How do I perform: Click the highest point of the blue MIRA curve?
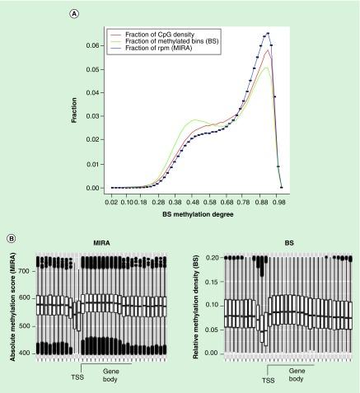tap(268, 34)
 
